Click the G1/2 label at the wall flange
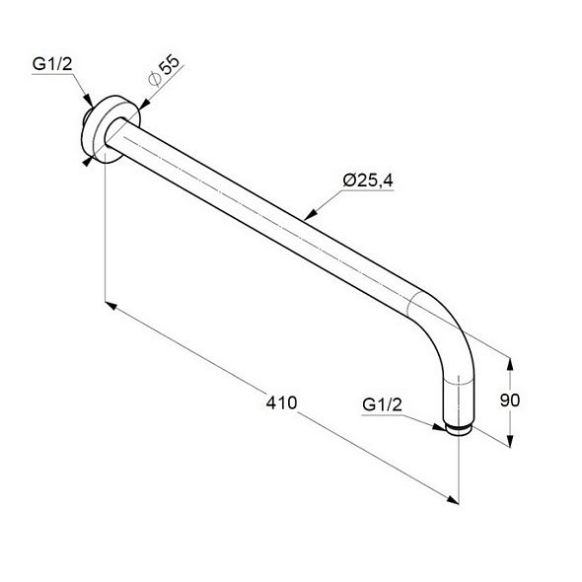tap(52, 64)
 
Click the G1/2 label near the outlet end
tap(382, 404)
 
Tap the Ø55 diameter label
tap(164, 70)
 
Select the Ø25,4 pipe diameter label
tap(368, 181)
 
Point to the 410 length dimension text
tap(281, 402)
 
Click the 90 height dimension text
tap(510, 400)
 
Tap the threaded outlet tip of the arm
tap(459, 429)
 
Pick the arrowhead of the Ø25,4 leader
tap(311, 214)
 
